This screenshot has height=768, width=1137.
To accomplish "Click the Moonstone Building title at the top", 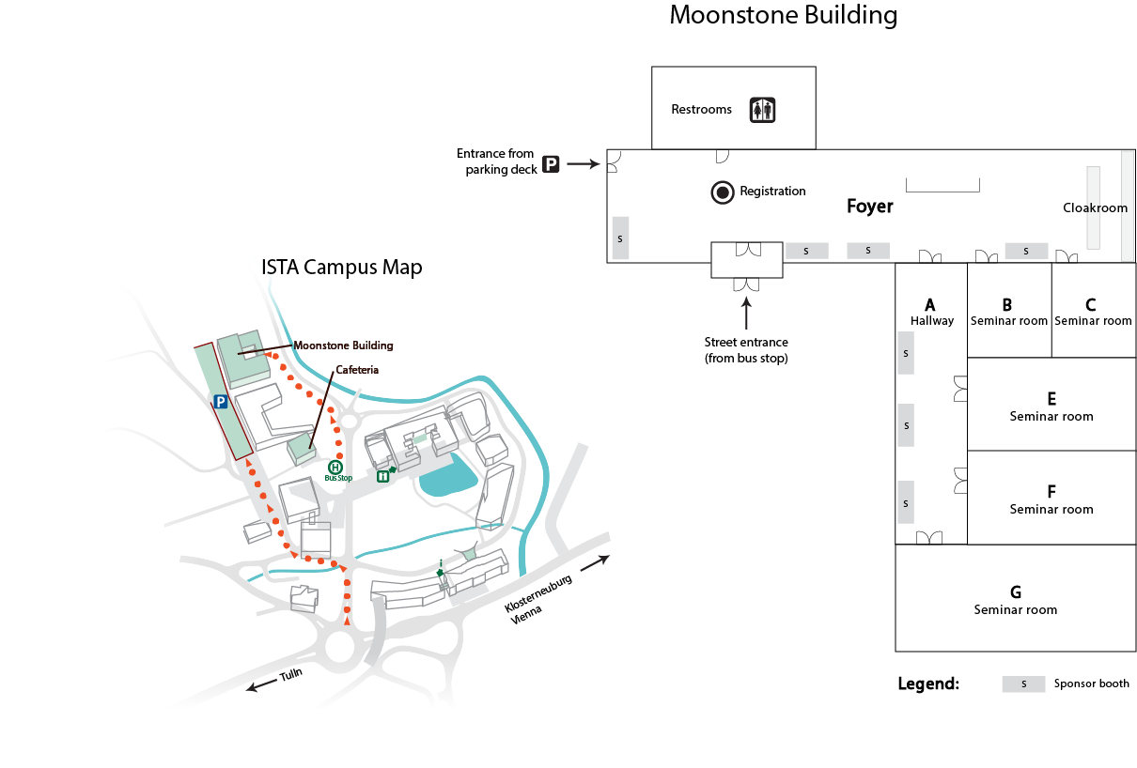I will point(783,16).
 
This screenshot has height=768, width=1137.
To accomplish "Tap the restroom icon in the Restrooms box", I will point(762,110).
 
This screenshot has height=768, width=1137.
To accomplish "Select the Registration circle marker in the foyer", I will point(723,192).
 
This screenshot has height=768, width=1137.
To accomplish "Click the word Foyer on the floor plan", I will point(869,207).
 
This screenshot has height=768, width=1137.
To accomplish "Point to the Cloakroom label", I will point(1095,207).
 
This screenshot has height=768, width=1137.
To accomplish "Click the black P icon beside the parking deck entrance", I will point(551,164).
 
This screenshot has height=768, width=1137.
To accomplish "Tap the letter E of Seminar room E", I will point(1051,398).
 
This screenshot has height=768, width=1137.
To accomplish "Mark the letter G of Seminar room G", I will point(1016,592).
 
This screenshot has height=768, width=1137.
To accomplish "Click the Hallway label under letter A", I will point(931,321).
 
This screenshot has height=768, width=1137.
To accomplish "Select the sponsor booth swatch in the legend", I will point(1023,684).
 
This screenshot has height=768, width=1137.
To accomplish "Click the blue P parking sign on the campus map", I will point(220,402).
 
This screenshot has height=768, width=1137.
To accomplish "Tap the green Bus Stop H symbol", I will point(335,467).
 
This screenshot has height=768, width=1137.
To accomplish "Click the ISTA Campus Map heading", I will point(342,268).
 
